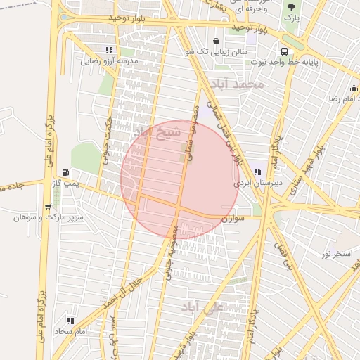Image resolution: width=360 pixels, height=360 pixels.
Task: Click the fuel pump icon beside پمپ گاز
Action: (x=66, y=172)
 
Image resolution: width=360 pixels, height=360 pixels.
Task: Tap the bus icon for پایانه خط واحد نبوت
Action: (x=284, y=51)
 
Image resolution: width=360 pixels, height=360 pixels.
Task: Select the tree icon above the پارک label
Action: (x=290, y=8)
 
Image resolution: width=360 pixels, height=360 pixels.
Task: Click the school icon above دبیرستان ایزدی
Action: (x=257, y=172)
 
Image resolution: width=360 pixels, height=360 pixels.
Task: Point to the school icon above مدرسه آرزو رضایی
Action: (x=108, y=50)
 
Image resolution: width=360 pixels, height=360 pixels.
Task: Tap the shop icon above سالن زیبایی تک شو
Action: (x=214, y=41)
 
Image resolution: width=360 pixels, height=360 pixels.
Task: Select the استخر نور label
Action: (x=337, y=252)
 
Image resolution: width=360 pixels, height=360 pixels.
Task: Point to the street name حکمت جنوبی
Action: (x=108, y=140)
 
